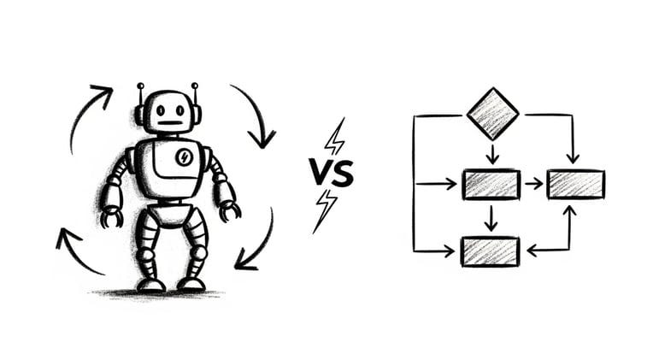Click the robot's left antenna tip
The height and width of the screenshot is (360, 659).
(140, 86)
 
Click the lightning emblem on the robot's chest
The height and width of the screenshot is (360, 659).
(183, 156)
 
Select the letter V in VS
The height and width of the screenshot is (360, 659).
(319, 174)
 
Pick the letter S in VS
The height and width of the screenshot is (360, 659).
(343, 174)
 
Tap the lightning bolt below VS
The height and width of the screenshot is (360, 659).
(325, 210)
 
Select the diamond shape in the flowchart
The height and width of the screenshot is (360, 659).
(492, 114)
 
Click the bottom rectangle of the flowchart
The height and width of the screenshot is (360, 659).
(491, 251)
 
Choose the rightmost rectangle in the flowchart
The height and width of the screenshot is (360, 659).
(575, 184)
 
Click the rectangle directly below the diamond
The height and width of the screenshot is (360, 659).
(491, 184)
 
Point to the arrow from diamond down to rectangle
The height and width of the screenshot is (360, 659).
(492, 154)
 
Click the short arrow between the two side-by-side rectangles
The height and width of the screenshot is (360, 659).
(533, 184)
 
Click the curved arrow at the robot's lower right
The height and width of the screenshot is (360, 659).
(256, 244)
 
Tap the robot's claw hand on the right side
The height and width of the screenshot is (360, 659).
(228, 209)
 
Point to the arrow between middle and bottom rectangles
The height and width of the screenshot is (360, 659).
(491, 217)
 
